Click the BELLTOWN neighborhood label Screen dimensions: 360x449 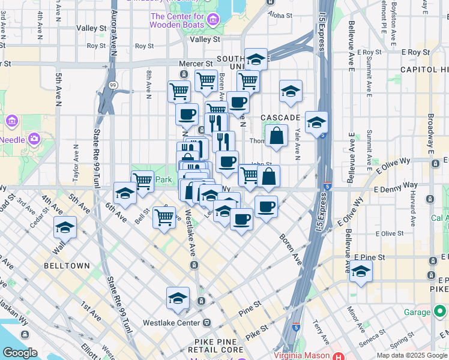[x=67, y=265]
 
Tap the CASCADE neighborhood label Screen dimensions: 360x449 [x=280, y=117]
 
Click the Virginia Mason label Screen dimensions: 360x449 [x=306, y=354]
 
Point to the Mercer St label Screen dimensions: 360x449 [x=196, y=63]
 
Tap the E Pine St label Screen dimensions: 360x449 [x=368, y=256]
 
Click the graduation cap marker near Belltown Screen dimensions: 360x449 [x=65, y=227]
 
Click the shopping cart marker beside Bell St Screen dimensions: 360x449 [x=164, y=217]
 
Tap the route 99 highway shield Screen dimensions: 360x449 [x=113, y=85]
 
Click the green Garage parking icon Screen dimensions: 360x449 [x=441, y=312]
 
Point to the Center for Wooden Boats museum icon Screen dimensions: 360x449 [x=212, y=21]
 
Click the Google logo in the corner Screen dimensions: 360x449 [x=20, y=353]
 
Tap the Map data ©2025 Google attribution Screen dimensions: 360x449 [x=411, y=355]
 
